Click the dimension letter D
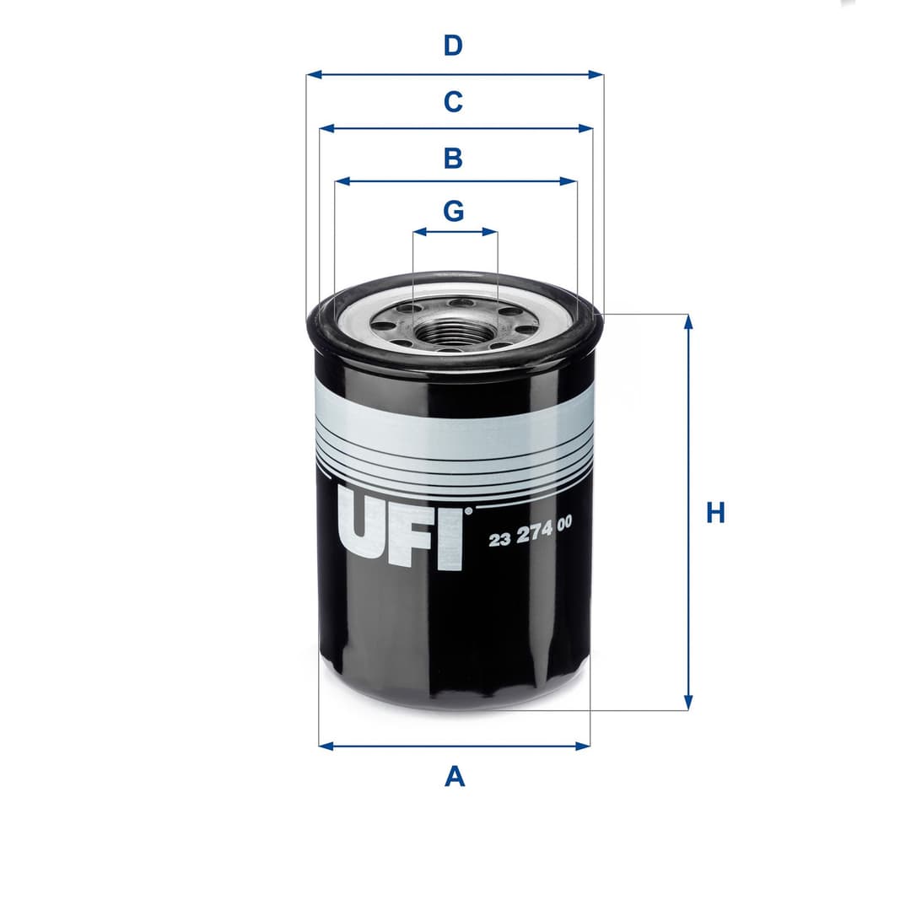click(454, 46)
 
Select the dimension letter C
click(454, 102)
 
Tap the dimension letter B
click(454, 158)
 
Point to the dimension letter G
click(454, 211)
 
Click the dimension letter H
click(715, 513)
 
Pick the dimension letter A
click(455, 776)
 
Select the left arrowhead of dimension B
click(342, 181)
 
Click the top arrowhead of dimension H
click(688, 321)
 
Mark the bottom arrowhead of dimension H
click(688, 703)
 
